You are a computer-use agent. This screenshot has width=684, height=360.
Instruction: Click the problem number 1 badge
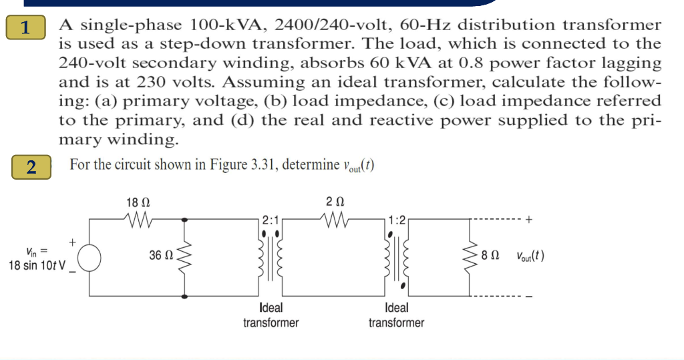tap(25, 28)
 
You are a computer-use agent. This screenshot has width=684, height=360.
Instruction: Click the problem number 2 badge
tap(31, 166)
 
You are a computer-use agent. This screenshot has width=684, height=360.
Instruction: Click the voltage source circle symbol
tap(90, 256)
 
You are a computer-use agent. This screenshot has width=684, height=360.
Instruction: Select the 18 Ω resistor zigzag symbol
tap(138, 218)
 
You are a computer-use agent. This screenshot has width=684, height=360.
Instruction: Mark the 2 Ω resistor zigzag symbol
tap(335, 218)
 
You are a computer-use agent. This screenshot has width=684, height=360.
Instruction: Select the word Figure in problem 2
tap(220, 165)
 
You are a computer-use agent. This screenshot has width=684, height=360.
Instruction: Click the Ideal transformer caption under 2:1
tap(271, 315)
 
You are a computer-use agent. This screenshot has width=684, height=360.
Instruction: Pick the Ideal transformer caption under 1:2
tap(396, 315)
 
